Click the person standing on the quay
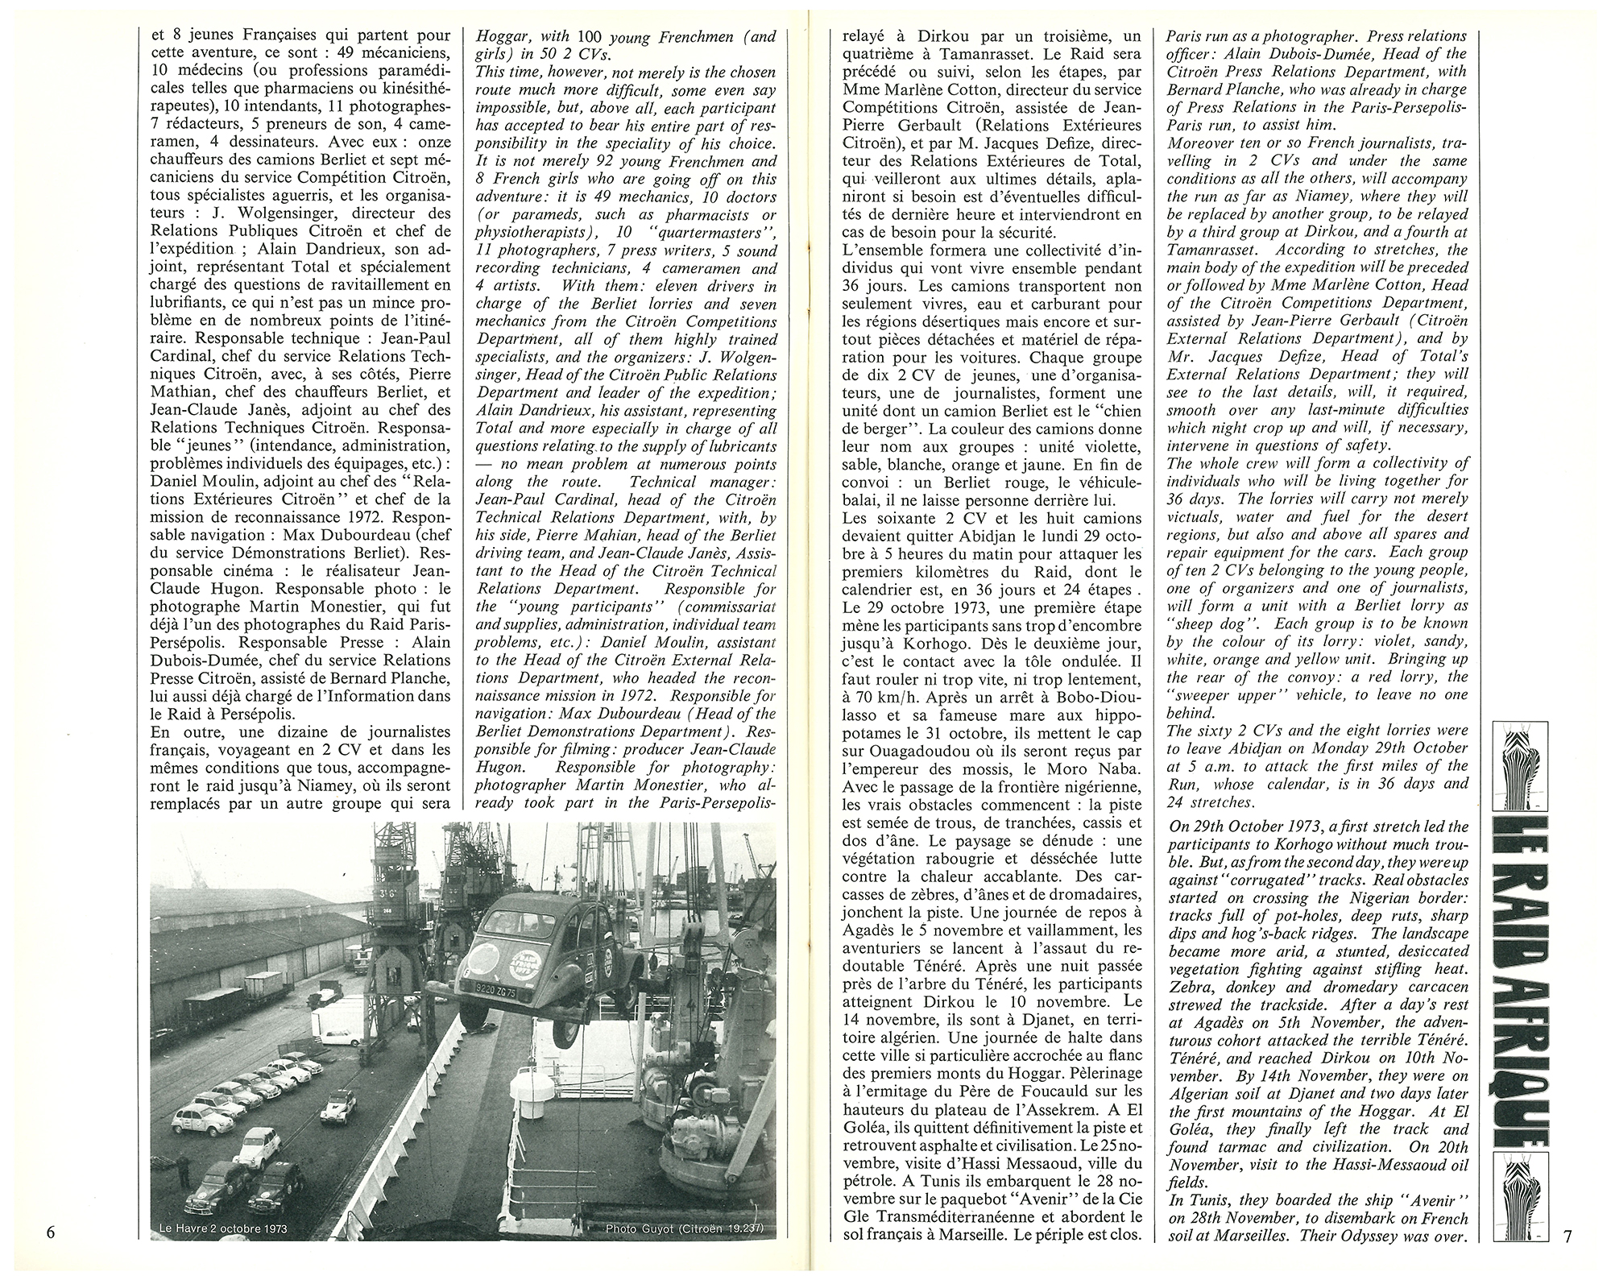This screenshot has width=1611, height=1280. [186, 1163]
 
